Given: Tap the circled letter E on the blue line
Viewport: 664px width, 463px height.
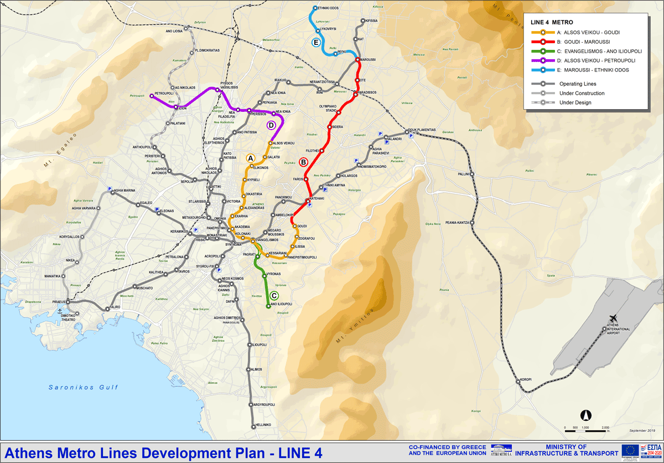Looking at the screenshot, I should point(316,43).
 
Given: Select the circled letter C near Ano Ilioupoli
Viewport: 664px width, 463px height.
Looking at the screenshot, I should point(274,295).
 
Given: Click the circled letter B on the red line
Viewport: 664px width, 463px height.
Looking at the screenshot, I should point(303,162).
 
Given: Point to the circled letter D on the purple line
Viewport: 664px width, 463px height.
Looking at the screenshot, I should point(271,125).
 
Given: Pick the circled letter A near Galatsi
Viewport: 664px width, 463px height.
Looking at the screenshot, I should point(250,158).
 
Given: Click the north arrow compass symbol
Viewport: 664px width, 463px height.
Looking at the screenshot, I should point(586,414).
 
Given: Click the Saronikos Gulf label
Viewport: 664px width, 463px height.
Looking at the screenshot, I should point(83,387).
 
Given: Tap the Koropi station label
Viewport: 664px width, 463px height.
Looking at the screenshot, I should point(525,379).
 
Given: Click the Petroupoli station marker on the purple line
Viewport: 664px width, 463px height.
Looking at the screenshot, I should point(151,96).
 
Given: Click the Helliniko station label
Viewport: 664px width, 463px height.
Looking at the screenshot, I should point(263,425).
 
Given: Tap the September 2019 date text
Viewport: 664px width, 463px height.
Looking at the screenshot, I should point(642,430).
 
